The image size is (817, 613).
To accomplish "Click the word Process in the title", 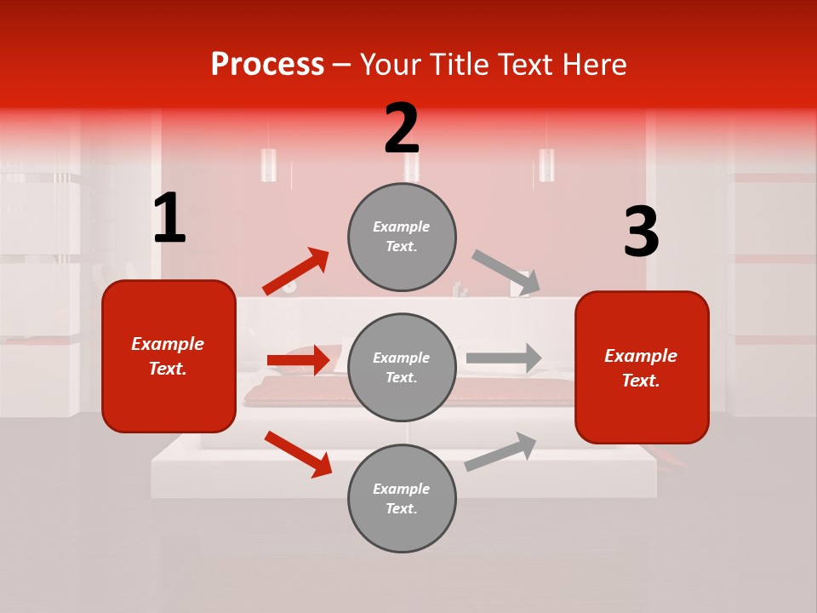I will coord(267,65).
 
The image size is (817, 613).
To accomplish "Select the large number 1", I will coord(169,219).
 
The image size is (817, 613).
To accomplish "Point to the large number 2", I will coord(402,129).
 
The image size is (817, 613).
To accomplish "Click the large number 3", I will coord(641,232).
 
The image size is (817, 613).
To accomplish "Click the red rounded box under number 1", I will coord(169,356).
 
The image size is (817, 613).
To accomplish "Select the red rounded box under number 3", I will coord(642,368).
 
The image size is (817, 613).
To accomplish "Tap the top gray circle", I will coord(402,237).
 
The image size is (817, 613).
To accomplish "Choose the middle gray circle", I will coord(402,368).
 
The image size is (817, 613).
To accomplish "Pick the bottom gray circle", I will coord(402,499).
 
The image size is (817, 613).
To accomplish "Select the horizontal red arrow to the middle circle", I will coord(299,360).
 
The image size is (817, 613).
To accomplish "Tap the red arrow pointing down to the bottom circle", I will coord(299,454).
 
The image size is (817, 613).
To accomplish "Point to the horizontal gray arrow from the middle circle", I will coord(504,358).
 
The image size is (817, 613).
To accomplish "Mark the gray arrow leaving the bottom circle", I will coord(500,451).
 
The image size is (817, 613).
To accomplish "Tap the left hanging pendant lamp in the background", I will coord(269,164).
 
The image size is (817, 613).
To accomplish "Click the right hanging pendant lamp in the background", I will coord(546,164).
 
